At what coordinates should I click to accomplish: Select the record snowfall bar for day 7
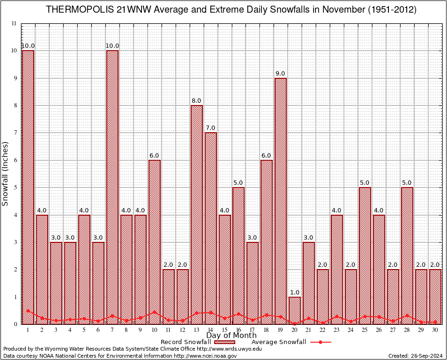[112, 187]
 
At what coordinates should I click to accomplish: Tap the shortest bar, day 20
[295, 310]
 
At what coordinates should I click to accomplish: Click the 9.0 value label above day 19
[281, 74]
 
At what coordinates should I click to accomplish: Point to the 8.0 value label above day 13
[197, 101]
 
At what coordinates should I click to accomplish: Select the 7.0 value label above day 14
[210, 128]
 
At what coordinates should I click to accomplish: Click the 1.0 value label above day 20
[295, 292]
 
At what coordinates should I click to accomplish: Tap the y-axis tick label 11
[14, 23]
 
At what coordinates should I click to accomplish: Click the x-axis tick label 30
[435, 330]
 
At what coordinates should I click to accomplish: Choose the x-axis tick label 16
[238, 330]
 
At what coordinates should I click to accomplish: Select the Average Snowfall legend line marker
[320, 342]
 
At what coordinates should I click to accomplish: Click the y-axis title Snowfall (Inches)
[6, 173]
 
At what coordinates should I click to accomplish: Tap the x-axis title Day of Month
[231, 336]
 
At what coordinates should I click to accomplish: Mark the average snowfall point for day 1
[28, 311]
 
